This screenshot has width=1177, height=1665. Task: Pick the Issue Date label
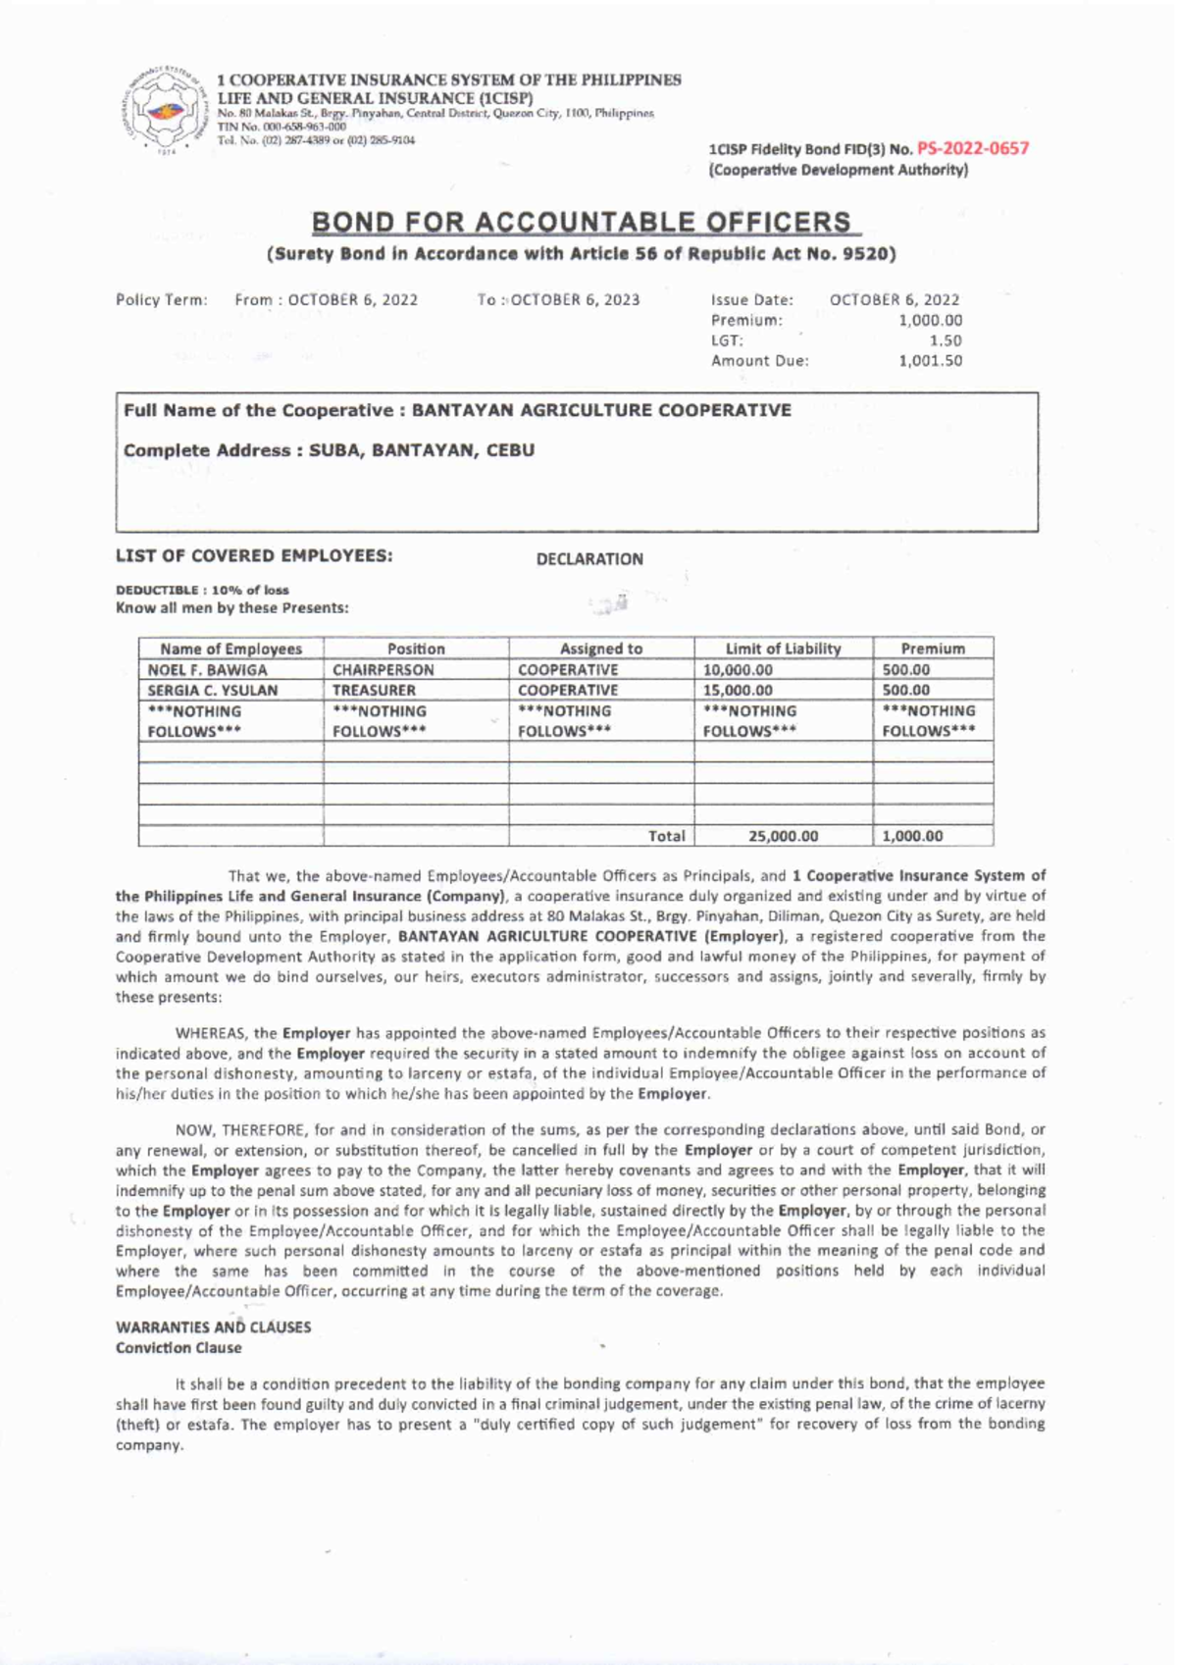coord(751,299)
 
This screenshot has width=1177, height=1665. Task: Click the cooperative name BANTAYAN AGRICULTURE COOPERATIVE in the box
coord(601,410)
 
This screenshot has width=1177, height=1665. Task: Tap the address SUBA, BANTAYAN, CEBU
coord(422,450)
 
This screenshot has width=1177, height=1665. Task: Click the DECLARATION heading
coord(589,559)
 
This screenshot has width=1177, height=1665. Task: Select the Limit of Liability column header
coord(783,649)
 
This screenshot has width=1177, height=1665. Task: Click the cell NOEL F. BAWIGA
coord(207,670)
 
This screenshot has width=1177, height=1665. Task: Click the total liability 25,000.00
coord(783,837)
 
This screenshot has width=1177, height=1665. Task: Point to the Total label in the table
coord(667,837)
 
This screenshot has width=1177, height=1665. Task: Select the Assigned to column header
coord(601,649)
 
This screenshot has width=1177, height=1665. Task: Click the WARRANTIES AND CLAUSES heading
coord(213,1327)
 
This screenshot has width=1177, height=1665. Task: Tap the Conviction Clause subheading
coord(179,1348)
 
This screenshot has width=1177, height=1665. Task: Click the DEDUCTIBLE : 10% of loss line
coord(202,590)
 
